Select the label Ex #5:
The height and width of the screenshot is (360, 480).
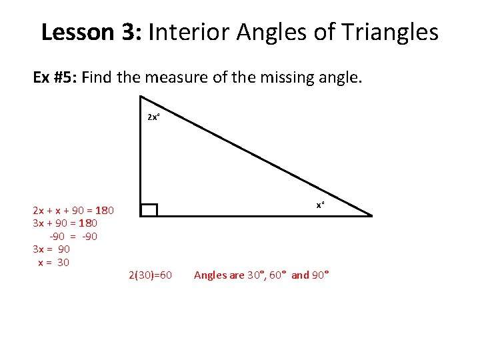[57, 78]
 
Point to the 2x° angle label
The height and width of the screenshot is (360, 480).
[153, 117]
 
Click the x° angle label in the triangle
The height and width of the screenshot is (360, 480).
[320, 205]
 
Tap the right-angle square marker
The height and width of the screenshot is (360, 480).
[149, 210]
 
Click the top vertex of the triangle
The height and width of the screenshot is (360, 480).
[141, 97]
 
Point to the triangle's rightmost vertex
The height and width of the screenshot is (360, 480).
[371, 216]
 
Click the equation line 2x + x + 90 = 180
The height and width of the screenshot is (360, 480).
[73, 211]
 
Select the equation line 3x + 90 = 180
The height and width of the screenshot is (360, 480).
[65, 223]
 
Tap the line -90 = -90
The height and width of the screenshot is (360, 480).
[73, 236]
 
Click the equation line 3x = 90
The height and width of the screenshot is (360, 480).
[51, 249]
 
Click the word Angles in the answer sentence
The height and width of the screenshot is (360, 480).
[209, 275]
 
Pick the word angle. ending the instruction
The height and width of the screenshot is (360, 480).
[341, 78]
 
